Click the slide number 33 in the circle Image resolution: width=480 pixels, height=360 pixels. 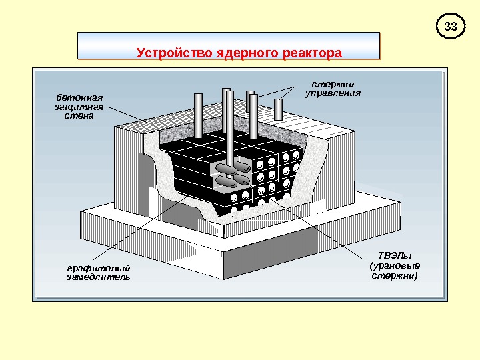point(451,27)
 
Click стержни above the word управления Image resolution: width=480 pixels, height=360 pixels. point(333,84)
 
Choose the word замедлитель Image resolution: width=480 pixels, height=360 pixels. point(98,277)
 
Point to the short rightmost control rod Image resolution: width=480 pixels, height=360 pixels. point(278,109)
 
